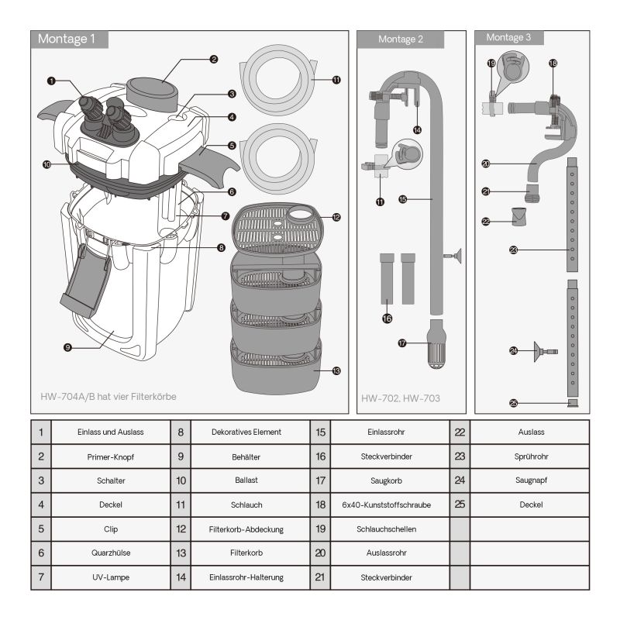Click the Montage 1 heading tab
point(68,40)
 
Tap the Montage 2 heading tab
point(401,40)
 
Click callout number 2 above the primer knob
point(213,58)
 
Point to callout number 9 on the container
point(68,348)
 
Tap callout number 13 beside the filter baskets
point(336,371)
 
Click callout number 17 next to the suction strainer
point(402,343)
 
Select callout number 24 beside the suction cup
point(513,351)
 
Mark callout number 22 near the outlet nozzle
point(486,222)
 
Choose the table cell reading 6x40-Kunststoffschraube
point(387,505)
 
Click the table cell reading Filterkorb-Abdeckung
point(246,529)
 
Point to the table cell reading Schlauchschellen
point(387,529)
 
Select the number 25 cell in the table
point(460,505)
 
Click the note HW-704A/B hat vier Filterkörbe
point(109,396)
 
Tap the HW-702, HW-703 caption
point(401,399)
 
